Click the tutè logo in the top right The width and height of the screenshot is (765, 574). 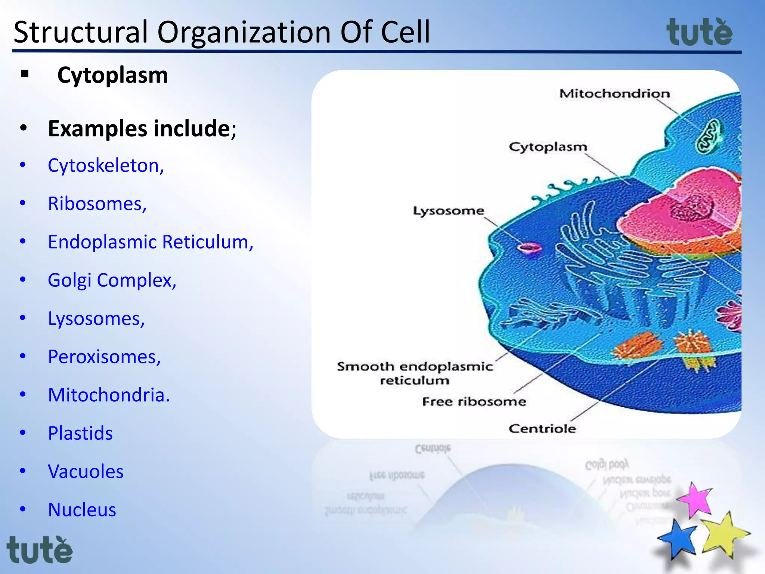pos(699,33)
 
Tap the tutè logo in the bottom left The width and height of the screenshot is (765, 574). pos(40,550)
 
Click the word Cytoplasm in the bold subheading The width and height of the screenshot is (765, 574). pos(112,75)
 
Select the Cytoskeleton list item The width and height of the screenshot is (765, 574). pos(106,166)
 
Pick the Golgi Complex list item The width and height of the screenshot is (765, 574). pos(112,280)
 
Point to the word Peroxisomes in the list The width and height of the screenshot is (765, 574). pos(104,357)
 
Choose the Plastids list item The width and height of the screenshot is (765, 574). pos(80,433)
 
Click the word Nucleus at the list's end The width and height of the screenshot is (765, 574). pos(82,510)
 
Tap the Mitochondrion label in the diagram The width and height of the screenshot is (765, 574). pos(614,93)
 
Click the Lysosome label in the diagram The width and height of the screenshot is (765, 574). pos(448,211)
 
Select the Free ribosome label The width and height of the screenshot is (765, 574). pos(474,402)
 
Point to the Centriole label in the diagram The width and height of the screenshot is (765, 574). pos(542,429)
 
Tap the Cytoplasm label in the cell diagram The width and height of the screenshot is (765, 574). pos(548,147)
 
